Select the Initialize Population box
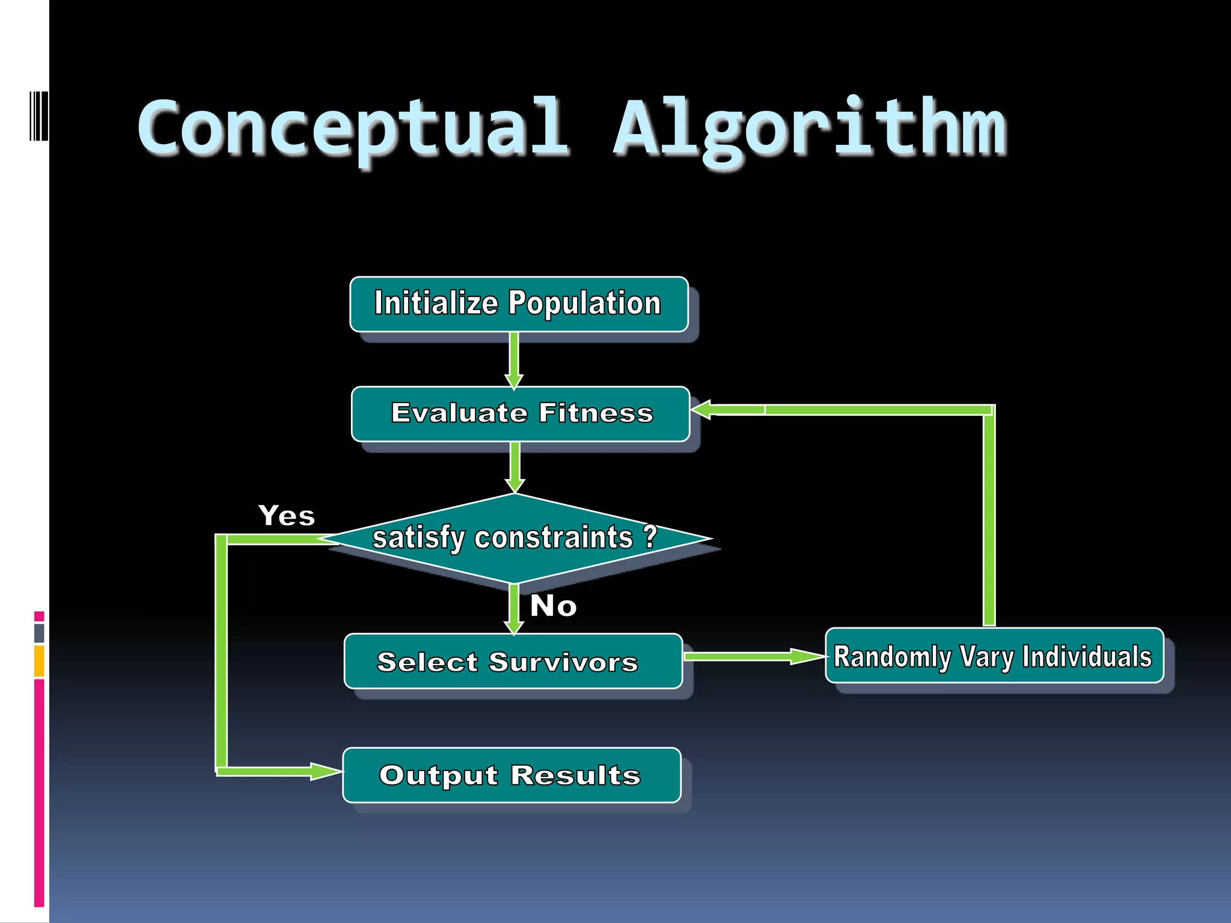pos(519,304)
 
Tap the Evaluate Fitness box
pos(521,414)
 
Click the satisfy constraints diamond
pos(516,538)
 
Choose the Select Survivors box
pos(513,661)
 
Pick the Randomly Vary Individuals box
pos(994,656)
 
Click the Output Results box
pos(512,775)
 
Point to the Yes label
pos(287,516)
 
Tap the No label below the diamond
pos(553,606)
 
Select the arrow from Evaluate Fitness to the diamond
pos(515,468)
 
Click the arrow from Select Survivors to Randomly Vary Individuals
pos(754,656)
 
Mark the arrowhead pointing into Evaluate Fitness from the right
pos(703,410)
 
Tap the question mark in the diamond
pos(650,536)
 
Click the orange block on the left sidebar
pos(39,661)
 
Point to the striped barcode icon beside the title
pos(38,116)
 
